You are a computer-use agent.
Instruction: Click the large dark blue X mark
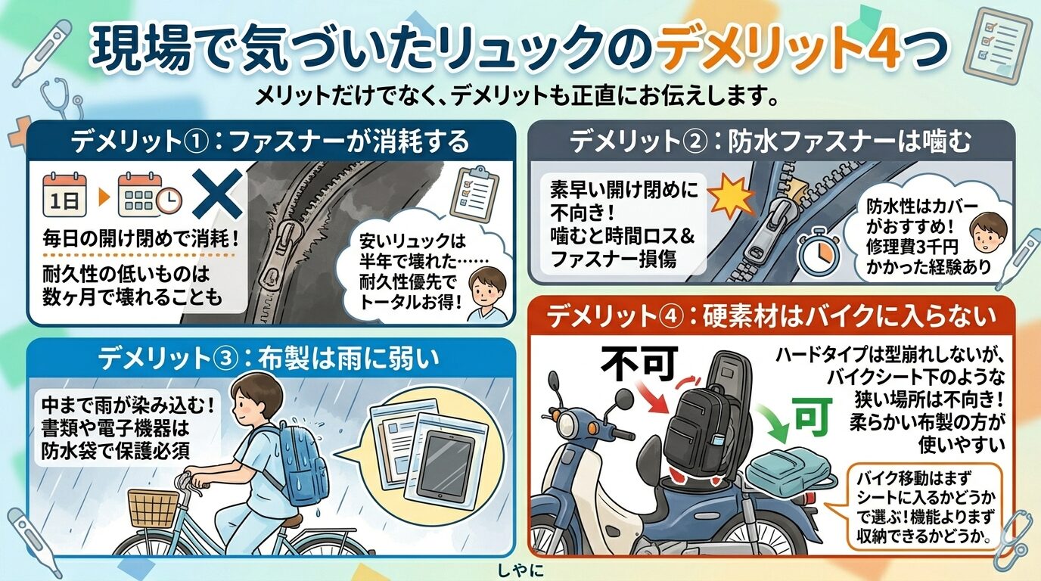coord(217,194)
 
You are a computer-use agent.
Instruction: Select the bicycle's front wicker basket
coord(154,508)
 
